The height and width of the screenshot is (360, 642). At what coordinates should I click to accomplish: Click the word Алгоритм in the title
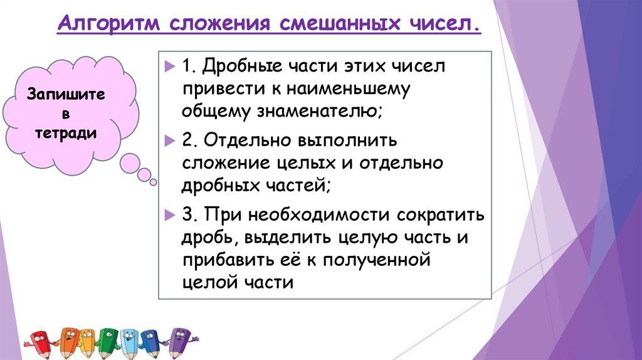pos(107,26)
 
